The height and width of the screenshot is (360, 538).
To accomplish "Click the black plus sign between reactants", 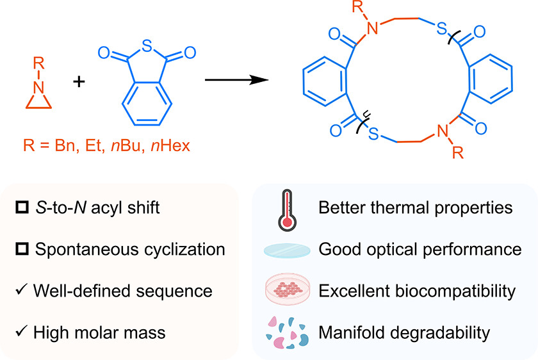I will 79,81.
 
